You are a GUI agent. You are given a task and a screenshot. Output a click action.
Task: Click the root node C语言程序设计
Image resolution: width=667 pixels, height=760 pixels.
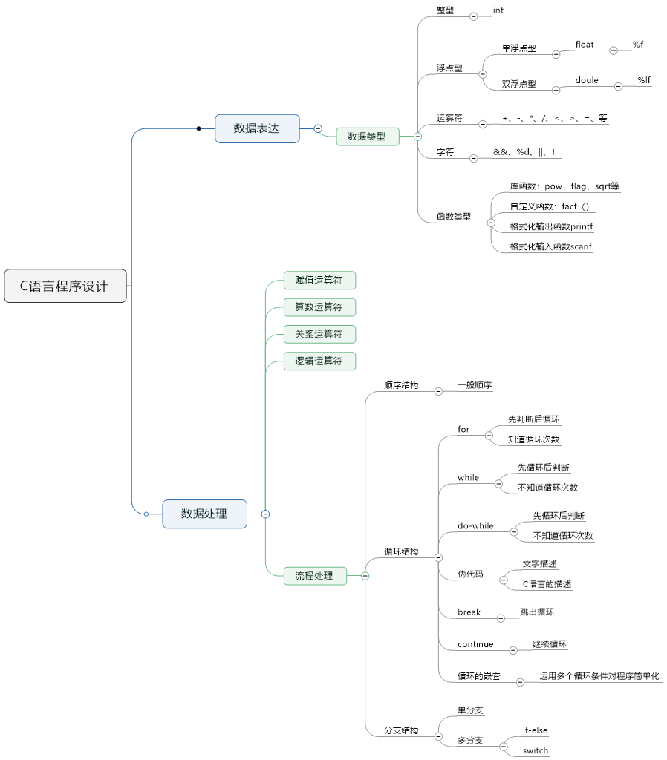click(65, 286)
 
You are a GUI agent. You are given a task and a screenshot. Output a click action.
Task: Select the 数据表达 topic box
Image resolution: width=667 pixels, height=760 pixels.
click(257, 128)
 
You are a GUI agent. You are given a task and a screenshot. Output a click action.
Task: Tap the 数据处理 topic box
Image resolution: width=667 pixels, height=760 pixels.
click(204, 514)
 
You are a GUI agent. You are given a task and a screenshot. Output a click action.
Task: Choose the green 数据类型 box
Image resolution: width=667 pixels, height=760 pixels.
click(367, 137)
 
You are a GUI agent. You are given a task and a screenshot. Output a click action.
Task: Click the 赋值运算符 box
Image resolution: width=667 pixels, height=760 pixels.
click(319, 280)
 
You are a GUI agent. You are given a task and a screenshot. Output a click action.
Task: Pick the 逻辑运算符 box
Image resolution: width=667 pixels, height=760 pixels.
click(319, 361)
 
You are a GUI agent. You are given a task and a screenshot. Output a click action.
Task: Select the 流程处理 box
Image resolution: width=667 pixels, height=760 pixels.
click(315, 575)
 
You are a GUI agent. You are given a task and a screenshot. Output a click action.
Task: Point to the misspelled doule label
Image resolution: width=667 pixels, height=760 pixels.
click(587, 80)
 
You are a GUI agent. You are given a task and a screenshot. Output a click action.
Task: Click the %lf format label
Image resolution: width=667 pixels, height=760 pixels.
click(643, 80)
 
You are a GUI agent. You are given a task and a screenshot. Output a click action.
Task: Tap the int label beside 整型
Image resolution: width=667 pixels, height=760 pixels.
click(498, 10)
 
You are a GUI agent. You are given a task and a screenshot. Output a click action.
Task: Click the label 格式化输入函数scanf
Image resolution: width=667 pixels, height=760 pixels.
click(551, 246)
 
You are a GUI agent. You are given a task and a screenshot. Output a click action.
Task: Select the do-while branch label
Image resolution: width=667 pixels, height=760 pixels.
click(475, 526)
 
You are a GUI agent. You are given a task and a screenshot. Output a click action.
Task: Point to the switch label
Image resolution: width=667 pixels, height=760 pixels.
click(536, 750)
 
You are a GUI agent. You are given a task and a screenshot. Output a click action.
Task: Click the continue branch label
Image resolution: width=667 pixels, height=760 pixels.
click(475, 644)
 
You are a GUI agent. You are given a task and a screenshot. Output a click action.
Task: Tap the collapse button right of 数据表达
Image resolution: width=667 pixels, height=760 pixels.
click(318, 128)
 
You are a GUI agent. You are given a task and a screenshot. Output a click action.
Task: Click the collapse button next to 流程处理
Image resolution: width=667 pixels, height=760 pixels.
click(365, 576)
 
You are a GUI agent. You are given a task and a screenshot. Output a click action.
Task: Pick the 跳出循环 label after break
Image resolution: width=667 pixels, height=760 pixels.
click(537, 612)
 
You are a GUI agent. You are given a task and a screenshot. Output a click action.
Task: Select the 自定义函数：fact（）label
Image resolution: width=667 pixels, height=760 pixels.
click(550, 206)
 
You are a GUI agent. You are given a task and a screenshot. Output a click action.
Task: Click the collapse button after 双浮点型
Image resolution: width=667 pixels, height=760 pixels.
click(556, 90)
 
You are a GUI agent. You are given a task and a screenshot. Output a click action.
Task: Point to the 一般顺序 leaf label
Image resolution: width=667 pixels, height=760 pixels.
click(475, 385)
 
